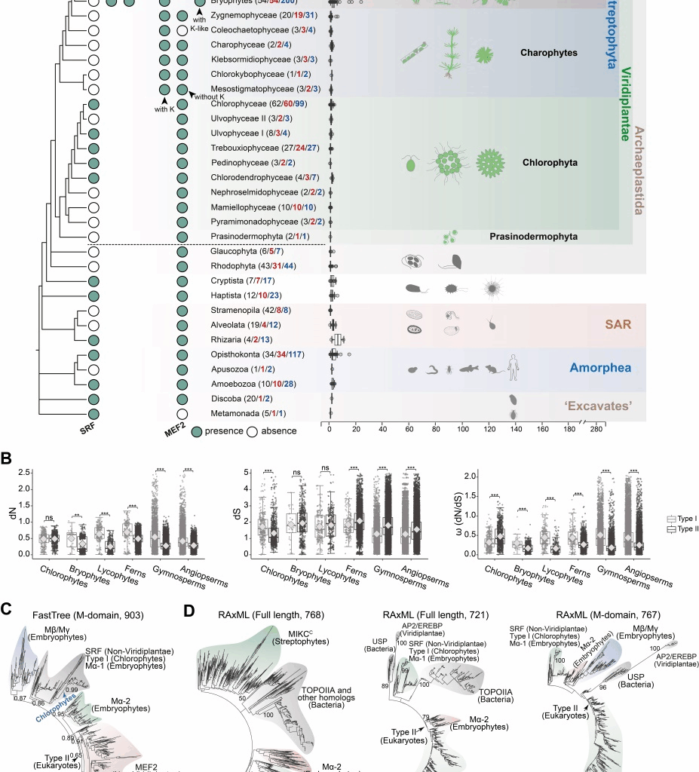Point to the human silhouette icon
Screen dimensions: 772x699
click(x=513, y=367)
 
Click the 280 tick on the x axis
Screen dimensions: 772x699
click(x=596, y=429)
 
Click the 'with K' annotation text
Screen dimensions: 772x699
click(x=164, y=109)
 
